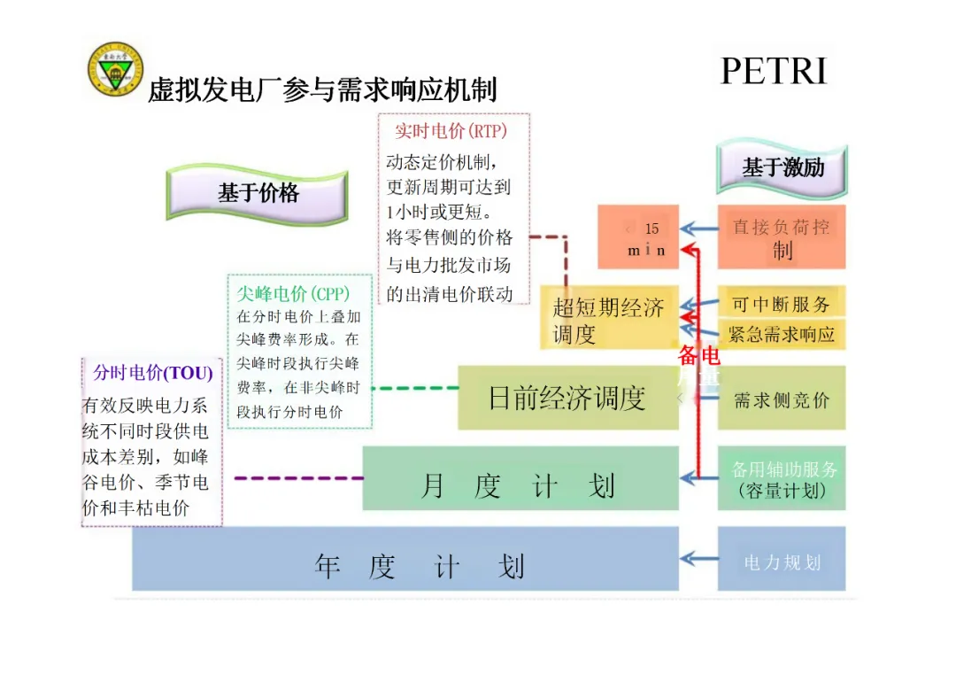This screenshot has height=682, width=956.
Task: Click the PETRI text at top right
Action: point(774,71)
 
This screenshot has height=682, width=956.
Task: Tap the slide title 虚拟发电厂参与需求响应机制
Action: point(322,89)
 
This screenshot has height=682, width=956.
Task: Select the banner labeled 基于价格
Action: point(258,193)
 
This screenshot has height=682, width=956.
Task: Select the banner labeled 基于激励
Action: point(783,167)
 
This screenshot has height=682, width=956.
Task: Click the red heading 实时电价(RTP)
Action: point(451,131)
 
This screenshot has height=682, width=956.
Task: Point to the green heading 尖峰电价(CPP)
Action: point(293,293)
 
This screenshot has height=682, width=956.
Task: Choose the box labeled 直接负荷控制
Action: point(781,237)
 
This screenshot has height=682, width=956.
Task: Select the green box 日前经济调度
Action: point(567,399)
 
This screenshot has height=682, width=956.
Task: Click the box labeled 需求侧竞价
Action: point(781,399)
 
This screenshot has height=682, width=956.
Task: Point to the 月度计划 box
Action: point(520,485)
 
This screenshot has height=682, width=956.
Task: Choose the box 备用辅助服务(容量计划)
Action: point(781,479)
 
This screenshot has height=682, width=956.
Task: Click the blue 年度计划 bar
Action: point(405,564)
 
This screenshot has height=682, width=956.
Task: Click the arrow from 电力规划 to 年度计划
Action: point(698,558)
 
